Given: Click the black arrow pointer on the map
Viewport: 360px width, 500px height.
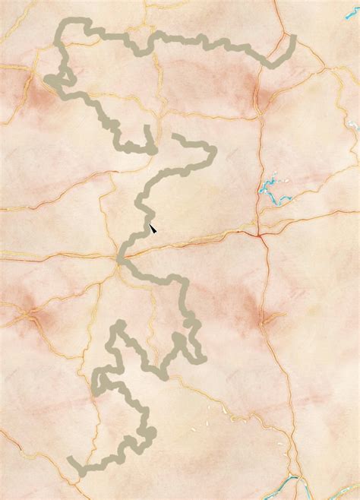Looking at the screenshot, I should point(152,226).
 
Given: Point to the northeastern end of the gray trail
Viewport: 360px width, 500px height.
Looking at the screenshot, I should point(293,36).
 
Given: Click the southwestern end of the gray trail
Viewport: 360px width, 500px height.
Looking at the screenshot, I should point(71,460).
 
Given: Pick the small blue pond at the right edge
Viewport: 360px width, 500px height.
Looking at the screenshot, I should point(352,122).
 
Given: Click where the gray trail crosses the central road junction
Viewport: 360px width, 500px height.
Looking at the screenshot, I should point(120,258).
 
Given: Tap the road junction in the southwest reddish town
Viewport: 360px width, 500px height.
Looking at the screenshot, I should point(30,314).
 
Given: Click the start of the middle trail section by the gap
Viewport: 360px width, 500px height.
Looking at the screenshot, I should point(175,136).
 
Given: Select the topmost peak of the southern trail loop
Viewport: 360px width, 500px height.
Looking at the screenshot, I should point(118,324).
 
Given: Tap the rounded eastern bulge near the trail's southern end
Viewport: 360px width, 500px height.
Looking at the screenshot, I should point(150,433).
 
